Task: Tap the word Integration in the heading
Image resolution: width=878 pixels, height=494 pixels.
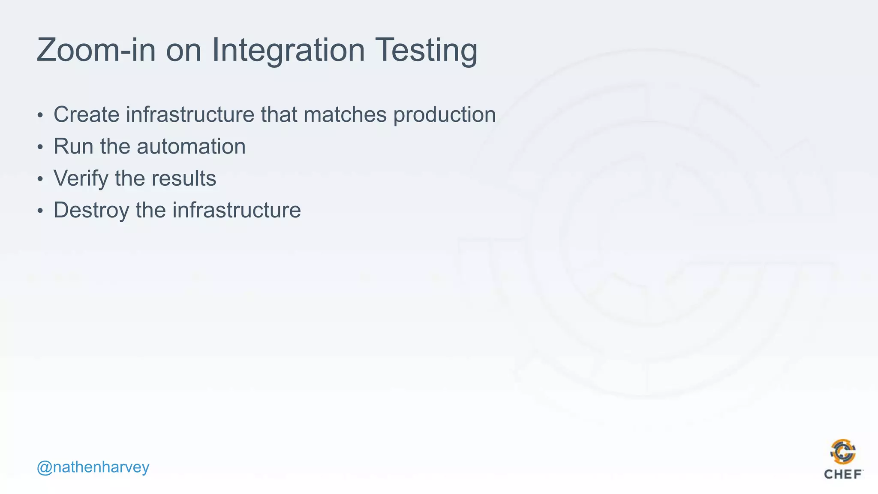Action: point(288,51)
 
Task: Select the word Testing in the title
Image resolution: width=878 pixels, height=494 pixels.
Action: point(426,51)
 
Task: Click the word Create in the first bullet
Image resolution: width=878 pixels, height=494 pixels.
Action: point(86,114)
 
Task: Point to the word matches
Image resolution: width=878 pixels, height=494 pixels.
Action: point(345,114)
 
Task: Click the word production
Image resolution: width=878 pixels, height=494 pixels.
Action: point(445,114)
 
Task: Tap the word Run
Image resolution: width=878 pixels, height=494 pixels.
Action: point(73,147)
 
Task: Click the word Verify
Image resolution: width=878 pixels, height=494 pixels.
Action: point(81,178)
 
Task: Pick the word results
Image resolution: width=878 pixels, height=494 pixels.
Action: point(184,178)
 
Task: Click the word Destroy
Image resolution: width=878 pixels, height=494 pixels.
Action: point(91,210)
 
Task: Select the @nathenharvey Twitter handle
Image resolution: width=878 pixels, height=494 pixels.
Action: point(93,467)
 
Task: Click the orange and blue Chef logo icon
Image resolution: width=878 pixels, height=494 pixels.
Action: point(843,452)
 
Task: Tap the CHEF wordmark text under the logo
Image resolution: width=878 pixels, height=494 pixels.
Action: point(843,474)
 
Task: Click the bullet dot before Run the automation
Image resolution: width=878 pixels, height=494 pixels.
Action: point(40,148)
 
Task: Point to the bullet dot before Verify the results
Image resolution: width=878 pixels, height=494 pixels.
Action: point(40,179)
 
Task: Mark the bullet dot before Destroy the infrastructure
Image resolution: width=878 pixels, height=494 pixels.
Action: point(40,211)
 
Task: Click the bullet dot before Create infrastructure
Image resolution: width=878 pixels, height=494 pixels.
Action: point(40,115)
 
